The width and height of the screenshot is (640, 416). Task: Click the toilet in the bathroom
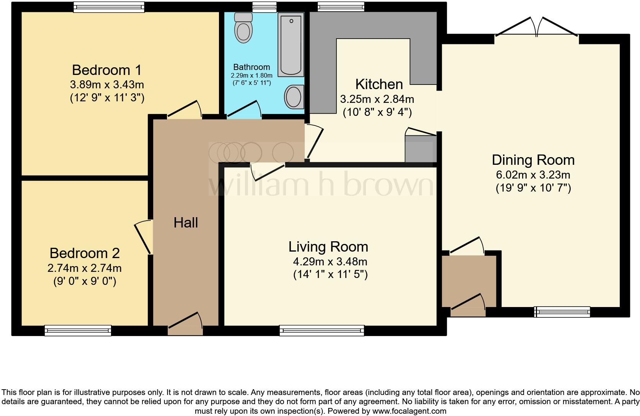(x=243, y=28)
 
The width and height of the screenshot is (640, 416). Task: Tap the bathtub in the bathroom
(x=291, y=44)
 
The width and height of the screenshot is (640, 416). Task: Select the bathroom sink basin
(x=294, y=97)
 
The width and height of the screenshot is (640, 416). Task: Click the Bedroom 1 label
(x=107, y=70)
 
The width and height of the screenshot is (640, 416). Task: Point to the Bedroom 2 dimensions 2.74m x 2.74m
(x=85, y=268)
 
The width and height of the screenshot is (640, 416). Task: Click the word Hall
(x=186, y=223)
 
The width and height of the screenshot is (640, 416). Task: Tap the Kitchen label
(x=379, y=84)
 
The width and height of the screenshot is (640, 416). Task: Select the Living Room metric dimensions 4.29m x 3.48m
(x=330, y=262)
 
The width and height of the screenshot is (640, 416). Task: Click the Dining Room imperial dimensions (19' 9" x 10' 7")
(x=533, y=188)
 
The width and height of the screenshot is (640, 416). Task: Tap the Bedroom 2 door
(x=144, y=237)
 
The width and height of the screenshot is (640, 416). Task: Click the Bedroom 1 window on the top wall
(x=109, y=7)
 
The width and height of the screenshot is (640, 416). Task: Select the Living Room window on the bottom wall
(x=322, y=330)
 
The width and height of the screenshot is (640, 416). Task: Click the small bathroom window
(x=264, y=6)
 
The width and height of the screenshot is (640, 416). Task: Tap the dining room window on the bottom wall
(x=562, y=312)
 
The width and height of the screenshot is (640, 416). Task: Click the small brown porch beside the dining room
(x=469, y=281)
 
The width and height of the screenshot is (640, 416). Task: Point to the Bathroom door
(x=243, y=110)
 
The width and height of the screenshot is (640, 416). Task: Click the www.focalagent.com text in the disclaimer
(x=409, y=411)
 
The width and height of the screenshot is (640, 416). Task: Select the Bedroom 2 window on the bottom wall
(x=78, y=330)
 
